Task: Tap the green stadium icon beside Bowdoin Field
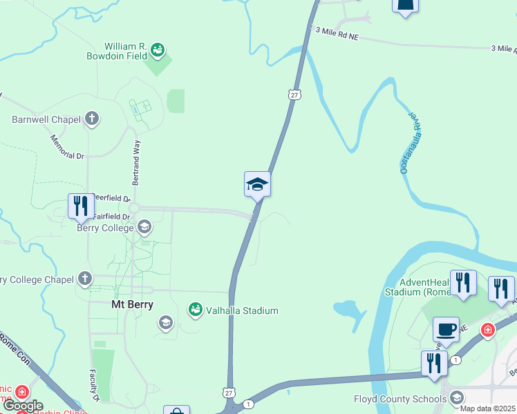pyautogui.click(x=158, y=50)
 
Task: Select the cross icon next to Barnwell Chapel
pyautogui.click(x=92, y=119)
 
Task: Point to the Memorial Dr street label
pyautogui.click(x=66, y=146)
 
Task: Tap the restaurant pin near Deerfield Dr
pyautogui.click(x=80, y=206)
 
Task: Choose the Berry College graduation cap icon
pyautogui.click(x=144, y=227)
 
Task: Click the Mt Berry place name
pyautogui.click(x=132, y=304)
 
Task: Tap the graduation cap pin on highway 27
pyautogui.click(x=257, y=184)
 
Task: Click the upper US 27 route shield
pyautogui.click(x=295, y=94)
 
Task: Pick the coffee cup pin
pyautogui.click(x=446, y=328)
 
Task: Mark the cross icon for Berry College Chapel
pyautogui.click(x=85, y=279)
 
